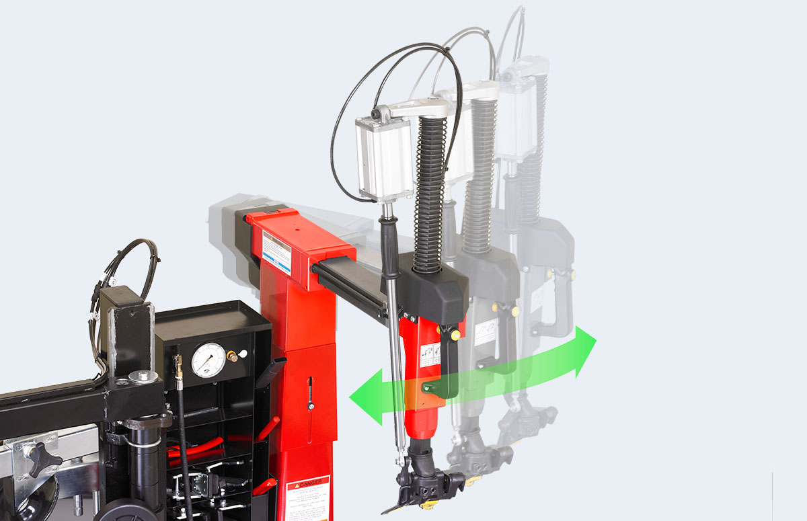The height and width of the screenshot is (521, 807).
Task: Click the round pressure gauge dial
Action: [x=208, y=360]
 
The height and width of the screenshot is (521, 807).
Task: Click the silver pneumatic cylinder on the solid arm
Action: [x=384, y=158]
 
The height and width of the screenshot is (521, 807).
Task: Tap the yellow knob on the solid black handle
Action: [x=456, y=334]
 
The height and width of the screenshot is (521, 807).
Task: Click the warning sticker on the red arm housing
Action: [x=276, y=251]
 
